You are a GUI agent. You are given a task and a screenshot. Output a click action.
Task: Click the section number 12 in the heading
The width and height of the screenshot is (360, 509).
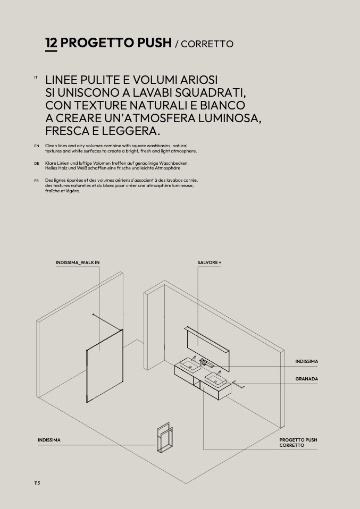(x=51, y=43)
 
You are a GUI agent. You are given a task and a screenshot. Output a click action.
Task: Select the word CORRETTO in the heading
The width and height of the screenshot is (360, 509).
(x=207, y=44)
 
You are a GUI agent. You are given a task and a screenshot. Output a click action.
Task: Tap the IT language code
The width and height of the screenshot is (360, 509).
(x=36, y=78)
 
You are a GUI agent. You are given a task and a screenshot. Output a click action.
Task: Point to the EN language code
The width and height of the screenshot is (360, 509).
(x=36, y=146)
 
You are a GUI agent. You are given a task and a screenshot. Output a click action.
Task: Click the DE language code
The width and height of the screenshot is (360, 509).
(x=36, y=163)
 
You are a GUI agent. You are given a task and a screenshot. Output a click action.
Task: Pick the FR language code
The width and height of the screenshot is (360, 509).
(x=36, y=181)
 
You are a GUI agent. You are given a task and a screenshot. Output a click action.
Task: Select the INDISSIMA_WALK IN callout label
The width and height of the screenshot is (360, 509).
(x=78, y=262)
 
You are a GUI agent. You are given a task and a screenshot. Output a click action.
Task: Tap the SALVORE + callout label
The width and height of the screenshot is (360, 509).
(x=209, y=262)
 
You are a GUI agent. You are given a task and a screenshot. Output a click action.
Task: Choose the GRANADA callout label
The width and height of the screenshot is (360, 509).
(x=306, y=379)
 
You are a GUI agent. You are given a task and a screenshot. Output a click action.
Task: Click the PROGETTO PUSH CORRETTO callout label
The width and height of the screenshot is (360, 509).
(x=298, y=443)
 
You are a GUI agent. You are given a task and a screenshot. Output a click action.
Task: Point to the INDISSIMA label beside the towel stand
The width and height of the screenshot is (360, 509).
(x=49, y=440)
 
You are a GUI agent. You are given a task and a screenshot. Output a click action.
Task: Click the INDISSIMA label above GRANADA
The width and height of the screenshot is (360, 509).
(x=306, y=362)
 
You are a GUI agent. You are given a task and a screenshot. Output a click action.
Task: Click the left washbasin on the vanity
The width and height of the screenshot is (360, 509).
(x=188, y=366)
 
